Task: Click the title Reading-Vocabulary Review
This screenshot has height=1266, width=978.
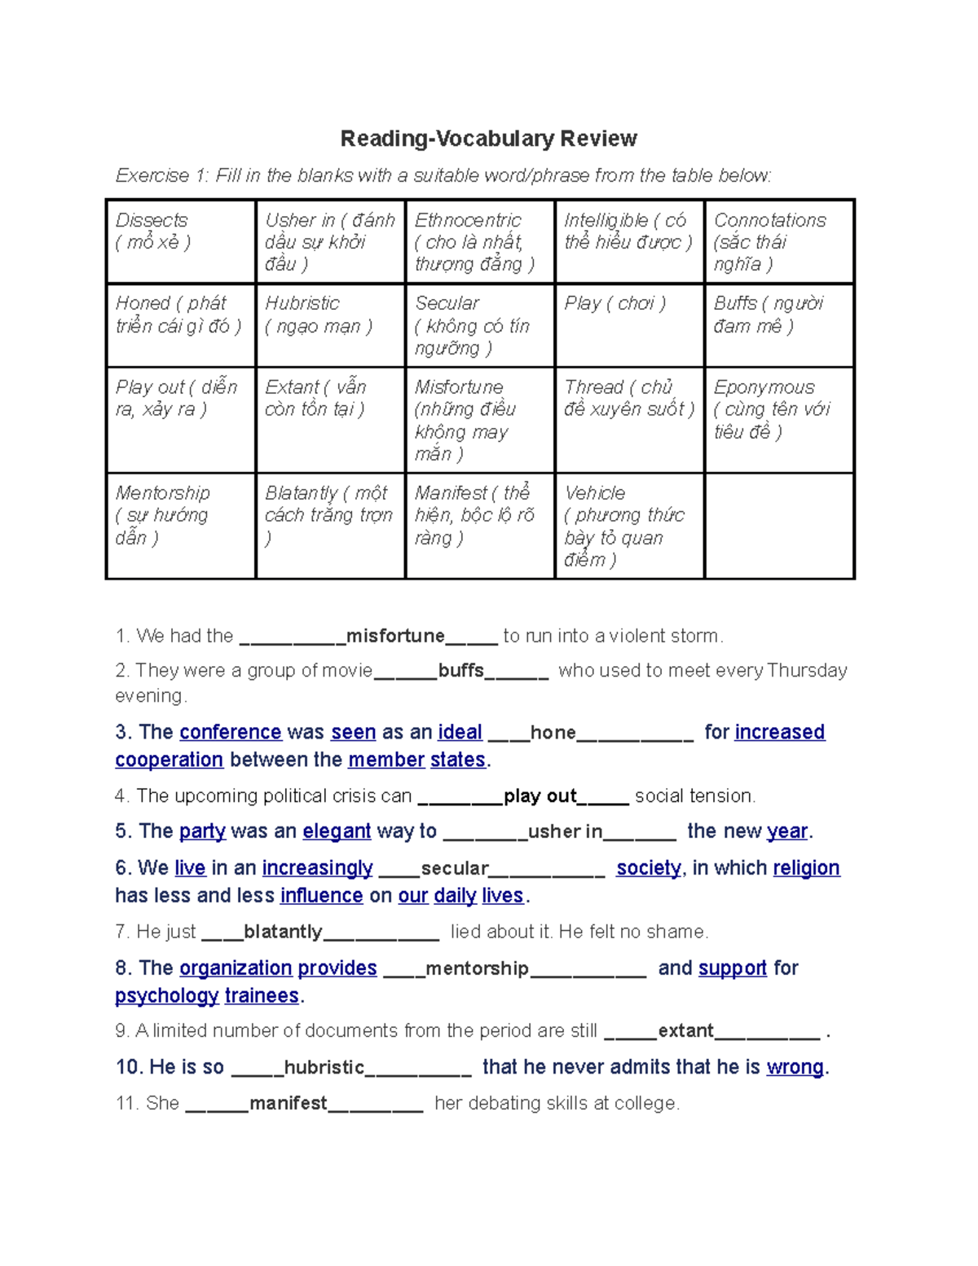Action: click(488, 139)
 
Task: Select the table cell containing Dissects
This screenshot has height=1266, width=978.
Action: click(181, 241)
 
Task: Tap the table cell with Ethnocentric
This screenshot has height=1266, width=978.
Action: click(479, 241)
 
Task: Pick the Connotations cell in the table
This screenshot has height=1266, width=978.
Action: click(778, 241)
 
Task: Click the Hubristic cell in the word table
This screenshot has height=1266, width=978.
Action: click(330, 325)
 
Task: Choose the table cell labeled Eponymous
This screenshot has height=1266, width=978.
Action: click(778, 419)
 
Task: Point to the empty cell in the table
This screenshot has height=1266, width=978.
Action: click(778, 526)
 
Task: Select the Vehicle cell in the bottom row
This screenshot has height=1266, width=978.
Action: click(628, 526)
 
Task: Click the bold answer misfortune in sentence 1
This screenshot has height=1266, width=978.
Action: click(395, 636)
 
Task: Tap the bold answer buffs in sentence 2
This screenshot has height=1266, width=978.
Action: click(461, 671)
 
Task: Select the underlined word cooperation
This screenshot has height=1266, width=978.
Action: click(169, 760)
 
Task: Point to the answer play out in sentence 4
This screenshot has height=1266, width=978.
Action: click(540, 796)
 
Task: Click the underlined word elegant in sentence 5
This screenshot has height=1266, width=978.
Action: click(337, 832)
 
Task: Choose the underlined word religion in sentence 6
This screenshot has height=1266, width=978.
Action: click(806, 868)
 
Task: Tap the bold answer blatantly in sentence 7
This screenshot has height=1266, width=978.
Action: click(283, 932)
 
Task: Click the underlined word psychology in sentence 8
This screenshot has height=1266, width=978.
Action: click(166, 996)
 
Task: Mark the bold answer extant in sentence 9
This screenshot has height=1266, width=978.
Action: click(685, 1031)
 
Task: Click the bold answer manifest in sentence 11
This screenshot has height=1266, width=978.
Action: click(289, 1104)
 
